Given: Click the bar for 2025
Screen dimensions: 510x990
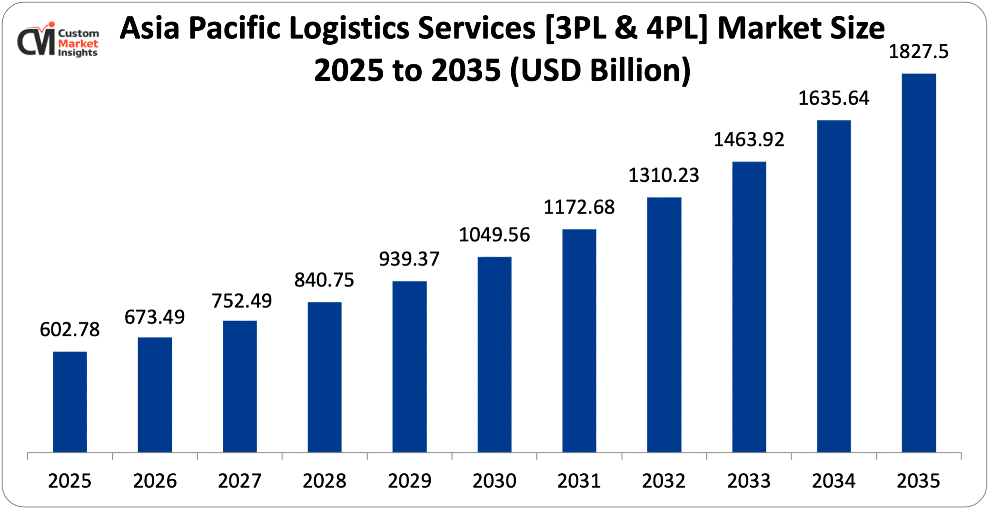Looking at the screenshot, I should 70,402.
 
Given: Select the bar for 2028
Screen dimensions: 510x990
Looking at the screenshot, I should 325,377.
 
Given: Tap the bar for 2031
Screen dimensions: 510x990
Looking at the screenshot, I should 579,341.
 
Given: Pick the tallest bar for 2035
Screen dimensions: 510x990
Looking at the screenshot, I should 919,263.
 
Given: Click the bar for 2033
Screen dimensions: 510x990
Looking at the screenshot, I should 749,307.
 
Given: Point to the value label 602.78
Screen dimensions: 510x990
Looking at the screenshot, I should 70,330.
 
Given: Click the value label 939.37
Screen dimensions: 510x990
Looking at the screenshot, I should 409,259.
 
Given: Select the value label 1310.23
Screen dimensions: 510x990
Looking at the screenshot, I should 664,176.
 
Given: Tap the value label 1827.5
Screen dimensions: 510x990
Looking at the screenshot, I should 919,52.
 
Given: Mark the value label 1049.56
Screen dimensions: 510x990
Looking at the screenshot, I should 494,235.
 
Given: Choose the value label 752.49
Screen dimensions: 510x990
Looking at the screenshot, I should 242,301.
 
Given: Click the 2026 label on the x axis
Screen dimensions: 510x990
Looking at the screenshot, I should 155,481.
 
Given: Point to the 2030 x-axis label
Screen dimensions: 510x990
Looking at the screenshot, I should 494,481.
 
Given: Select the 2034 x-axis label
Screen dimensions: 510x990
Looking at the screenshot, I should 833,481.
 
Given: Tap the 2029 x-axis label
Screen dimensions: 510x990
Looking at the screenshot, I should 409,481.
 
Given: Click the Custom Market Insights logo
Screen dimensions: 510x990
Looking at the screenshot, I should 58,42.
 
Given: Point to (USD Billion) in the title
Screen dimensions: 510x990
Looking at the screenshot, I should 600,70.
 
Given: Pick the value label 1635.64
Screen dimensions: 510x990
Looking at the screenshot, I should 833,98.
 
